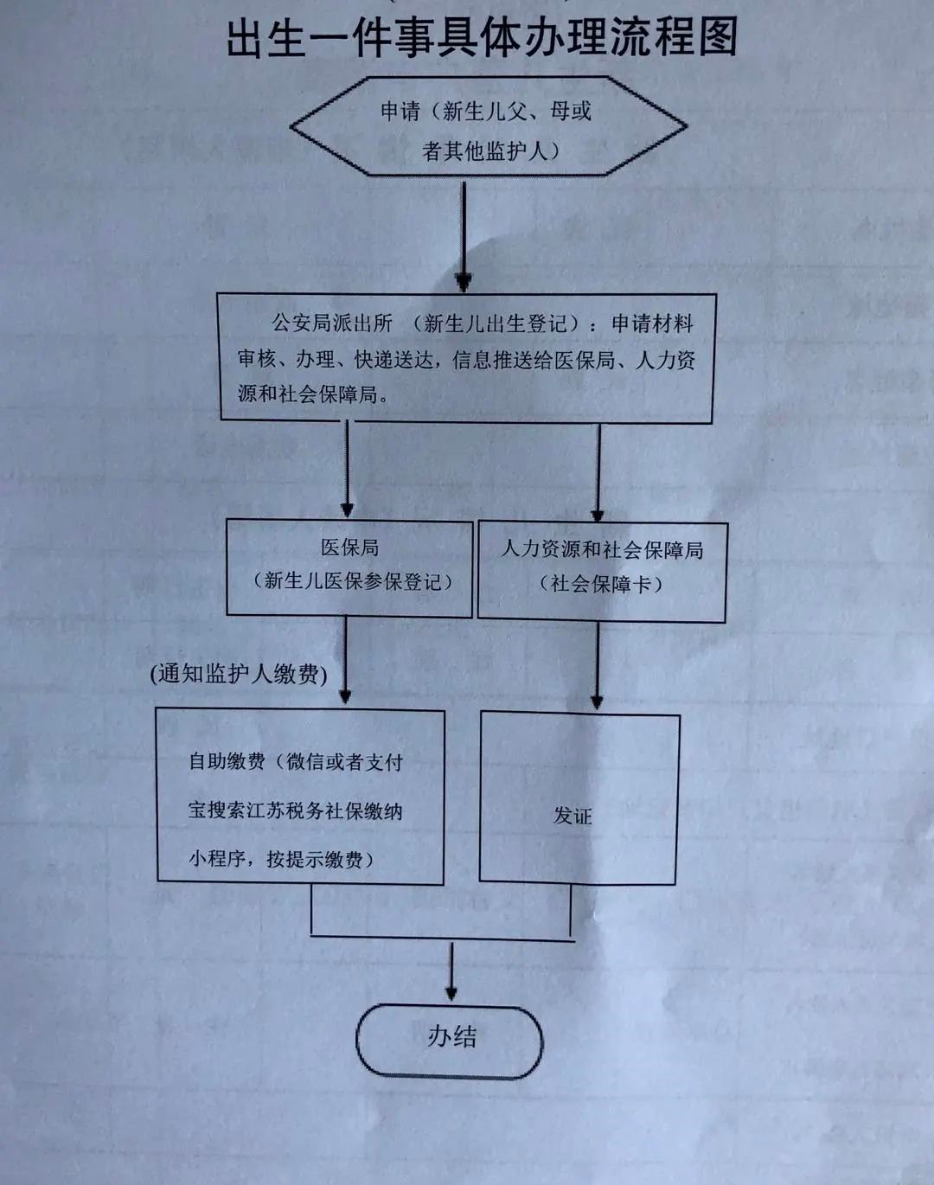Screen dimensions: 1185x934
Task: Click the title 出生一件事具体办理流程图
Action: [482, 39]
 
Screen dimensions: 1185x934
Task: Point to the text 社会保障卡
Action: [601, 585]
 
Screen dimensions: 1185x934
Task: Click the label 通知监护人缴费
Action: [239, 675]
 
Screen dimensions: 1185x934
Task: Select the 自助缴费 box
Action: [300, 796]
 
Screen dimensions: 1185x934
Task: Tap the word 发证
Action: [573, 816]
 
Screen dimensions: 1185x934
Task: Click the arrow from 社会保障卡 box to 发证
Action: [598, 666]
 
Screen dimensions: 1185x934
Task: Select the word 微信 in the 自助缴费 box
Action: [306, 762]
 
